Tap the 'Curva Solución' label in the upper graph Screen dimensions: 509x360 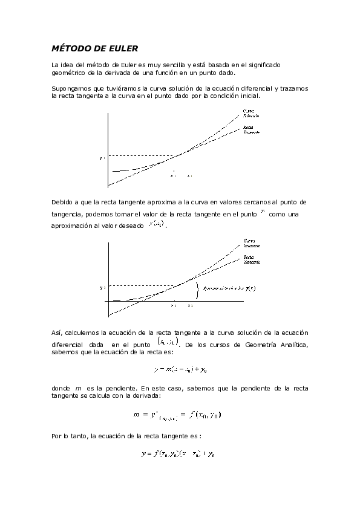[x=250, y=113]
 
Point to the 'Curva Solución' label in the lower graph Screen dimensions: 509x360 [x=251, y=244]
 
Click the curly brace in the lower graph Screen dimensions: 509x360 [x=197, y=290]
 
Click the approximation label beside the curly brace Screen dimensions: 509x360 [x=230, y=289]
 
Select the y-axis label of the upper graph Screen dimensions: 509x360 [x=102, y=158]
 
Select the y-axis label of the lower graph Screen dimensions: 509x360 [x=102, y=288]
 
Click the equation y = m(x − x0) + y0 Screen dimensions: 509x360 [x=181, y=369]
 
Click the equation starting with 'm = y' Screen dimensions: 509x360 [x=178, y=415]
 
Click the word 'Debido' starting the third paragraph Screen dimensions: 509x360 [x=64, y=201]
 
